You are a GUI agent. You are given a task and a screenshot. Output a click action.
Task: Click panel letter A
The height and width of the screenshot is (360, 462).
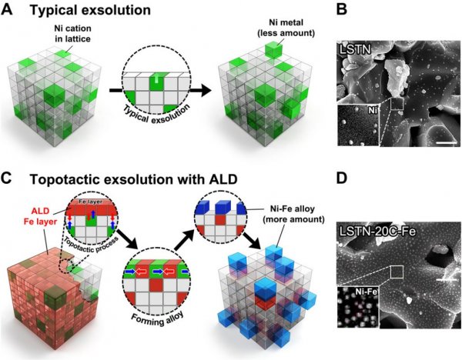(7, 10)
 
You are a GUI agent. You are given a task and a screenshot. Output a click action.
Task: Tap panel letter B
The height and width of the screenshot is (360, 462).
(342, 9)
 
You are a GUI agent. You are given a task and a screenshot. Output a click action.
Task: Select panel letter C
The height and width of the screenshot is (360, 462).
(6, 178)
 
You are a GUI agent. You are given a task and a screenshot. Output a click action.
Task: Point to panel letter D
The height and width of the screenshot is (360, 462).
(342, 178)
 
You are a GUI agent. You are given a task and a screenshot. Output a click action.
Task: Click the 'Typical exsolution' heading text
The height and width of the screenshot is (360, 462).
(90, 10)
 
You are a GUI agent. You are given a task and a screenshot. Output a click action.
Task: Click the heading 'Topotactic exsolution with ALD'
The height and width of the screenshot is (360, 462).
(134, 179)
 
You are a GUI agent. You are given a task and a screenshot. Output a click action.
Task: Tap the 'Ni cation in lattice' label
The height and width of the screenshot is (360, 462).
(73, 34)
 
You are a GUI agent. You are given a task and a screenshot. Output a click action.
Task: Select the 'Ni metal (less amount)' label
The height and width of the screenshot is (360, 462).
(286, 28)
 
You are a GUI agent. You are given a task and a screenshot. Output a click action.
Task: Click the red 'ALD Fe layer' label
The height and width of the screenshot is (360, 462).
(40, 216)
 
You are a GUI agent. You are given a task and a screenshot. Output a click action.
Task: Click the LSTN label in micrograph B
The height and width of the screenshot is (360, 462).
(355, 49)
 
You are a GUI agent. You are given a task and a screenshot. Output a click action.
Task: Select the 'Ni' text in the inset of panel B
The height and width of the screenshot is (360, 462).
(373, 111)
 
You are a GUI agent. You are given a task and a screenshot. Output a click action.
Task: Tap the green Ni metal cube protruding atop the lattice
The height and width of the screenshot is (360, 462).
(273, 50)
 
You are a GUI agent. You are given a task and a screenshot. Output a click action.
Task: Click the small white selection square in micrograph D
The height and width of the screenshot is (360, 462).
(397, 272)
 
